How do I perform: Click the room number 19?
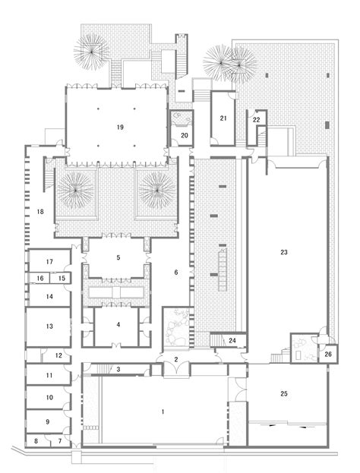coord(120,128)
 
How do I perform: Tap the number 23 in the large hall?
coord(284,251)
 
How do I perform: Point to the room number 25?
coord(285,395)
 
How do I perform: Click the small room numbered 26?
coord(327,354)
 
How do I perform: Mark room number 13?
coord(49,326)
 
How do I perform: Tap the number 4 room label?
coord(118,325)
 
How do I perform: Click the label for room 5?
coord(118,258)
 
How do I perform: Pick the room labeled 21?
coord(223,118)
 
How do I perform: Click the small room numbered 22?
coord(257,119)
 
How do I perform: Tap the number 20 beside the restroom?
coord(184,137)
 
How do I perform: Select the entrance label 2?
coord(175,360)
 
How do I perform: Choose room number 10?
coord(49,397)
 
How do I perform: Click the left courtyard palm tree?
coord(78,188)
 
